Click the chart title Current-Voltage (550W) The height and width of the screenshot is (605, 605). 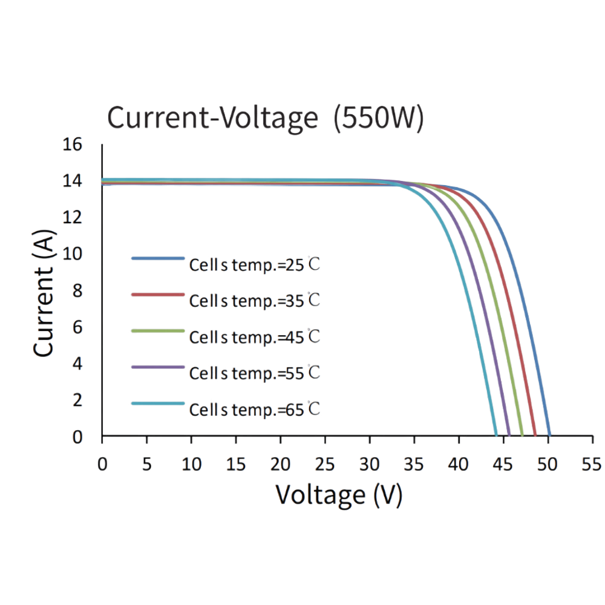pyautogui.click(x=265, y=118)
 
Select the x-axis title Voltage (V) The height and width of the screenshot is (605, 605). pyautogui.click(x=339, y=495)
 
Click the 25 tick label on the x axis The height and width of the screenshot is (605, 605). pyautogui.click(x=325, y=463)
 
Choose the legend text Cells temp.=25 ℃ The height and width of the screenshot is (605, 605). pyautogui.click(x=254, y=265)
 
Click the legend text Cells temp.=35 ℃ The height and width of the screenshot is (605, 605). pyautogui.click(x=254, y=301)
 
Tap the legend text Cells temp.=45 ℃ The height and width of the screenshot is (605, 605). pyautogui.click(x=254, y=337)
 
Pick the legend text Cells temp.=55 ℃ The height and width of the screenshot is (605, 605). pyautogui.click(x=254, y=373)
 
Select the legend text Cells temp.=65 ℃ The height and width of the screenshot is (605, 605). pyautogui.click(x=254, y=410)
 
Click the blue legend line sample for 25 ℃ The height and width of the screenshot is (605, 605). pyautogui.click(x=157, y=258)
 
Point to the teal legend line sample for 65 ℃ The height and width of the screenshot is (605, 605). pyautogui.click(x=157, y=404)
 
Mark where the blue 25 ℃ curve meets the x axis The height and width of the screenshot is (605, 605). pyautogui.click(x=549, y=434)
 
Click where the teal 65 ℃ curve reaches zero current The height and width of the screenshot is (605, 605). pyautogui.click(x=495, y=434)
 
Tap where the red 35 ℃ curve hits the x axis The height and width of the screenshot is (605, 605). pyautogui.click(x=535, y=434)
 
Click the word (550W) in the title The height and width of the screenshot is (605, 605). pyautogui.click(x=379, y=118)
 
